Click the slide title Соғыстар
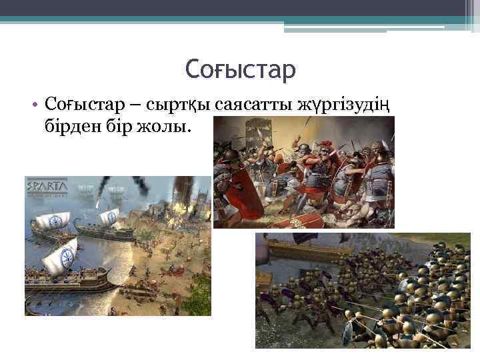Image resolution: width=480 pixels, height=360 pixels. pyautogui.click(x=239, y=69)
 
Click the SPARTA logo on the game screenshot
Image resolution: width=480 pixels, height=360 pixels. pyautogui.click(x=47, y=186)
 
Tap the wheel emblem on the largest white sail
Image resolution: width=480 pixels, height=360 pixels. pyautogui.click(x=67, y=256)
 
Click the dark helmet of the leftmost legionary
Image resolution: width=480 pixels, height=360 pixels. pyautogui.click(x=231, y=157)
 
